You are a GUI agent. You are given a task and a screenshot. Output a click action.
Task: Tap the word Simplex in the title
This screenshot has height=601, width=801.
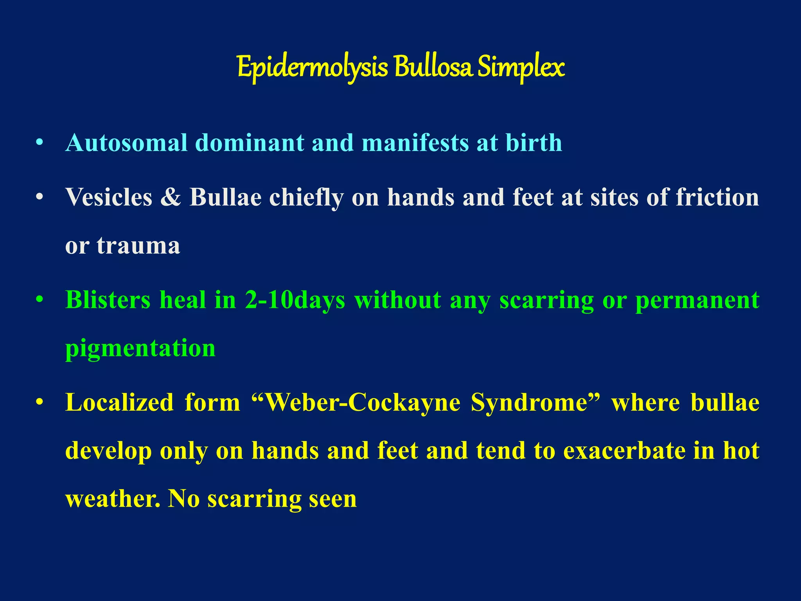pyautogui.click(x=521, y=67)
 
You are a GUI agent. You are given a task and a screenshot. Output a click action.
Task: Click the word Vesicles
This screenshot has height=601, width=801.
pyautogui.click(x=109, y=197)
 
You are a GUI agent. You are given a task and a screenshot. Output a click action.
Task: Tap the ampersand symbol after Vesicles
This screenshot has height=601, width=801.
pyautogui.click(x=171, y=197)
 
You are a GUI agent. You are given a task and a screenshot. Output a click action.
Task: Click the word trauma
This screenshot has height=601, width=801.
pyautogui.click(x=138, y=246)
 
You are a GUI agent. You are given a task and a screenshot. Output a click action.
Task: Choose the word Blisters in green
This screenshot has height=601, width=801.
pyautogui.click(x=108, y=300)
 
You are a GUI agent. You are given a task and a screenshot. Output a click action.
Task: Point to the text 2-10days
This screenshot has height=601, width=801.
pyautogui.click(x=295, y=300)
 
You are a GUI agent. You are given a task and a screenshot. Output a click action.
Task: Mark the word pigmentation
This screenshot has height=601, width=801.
pyautogui.click(x=140, y=348)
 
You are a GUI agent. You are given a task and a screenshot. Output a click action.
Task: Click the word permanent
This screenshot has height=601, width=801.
pyautogui.click(x=697, y=300)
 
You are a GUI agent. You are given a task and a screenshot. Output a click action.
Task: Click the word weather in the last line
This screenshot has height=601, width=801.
pyautogui.click(x=112, y=499)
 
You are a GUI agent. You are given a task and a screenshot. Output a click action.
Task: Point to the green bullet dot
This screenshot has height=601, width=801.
pyautogui.click(x=39, y=300)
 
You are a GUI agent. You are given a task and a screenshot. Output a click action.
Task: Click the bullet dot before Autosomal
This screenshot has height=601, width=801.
pyautogui.click(x=39, y=143)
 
